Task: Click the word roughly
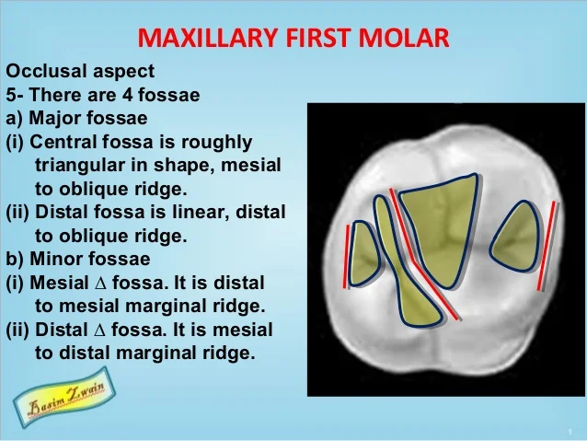[x=218, y=142]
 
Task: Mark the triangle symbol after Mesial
[x=106, y=283]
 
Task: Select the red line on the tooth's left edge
[x=347, y=249]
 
